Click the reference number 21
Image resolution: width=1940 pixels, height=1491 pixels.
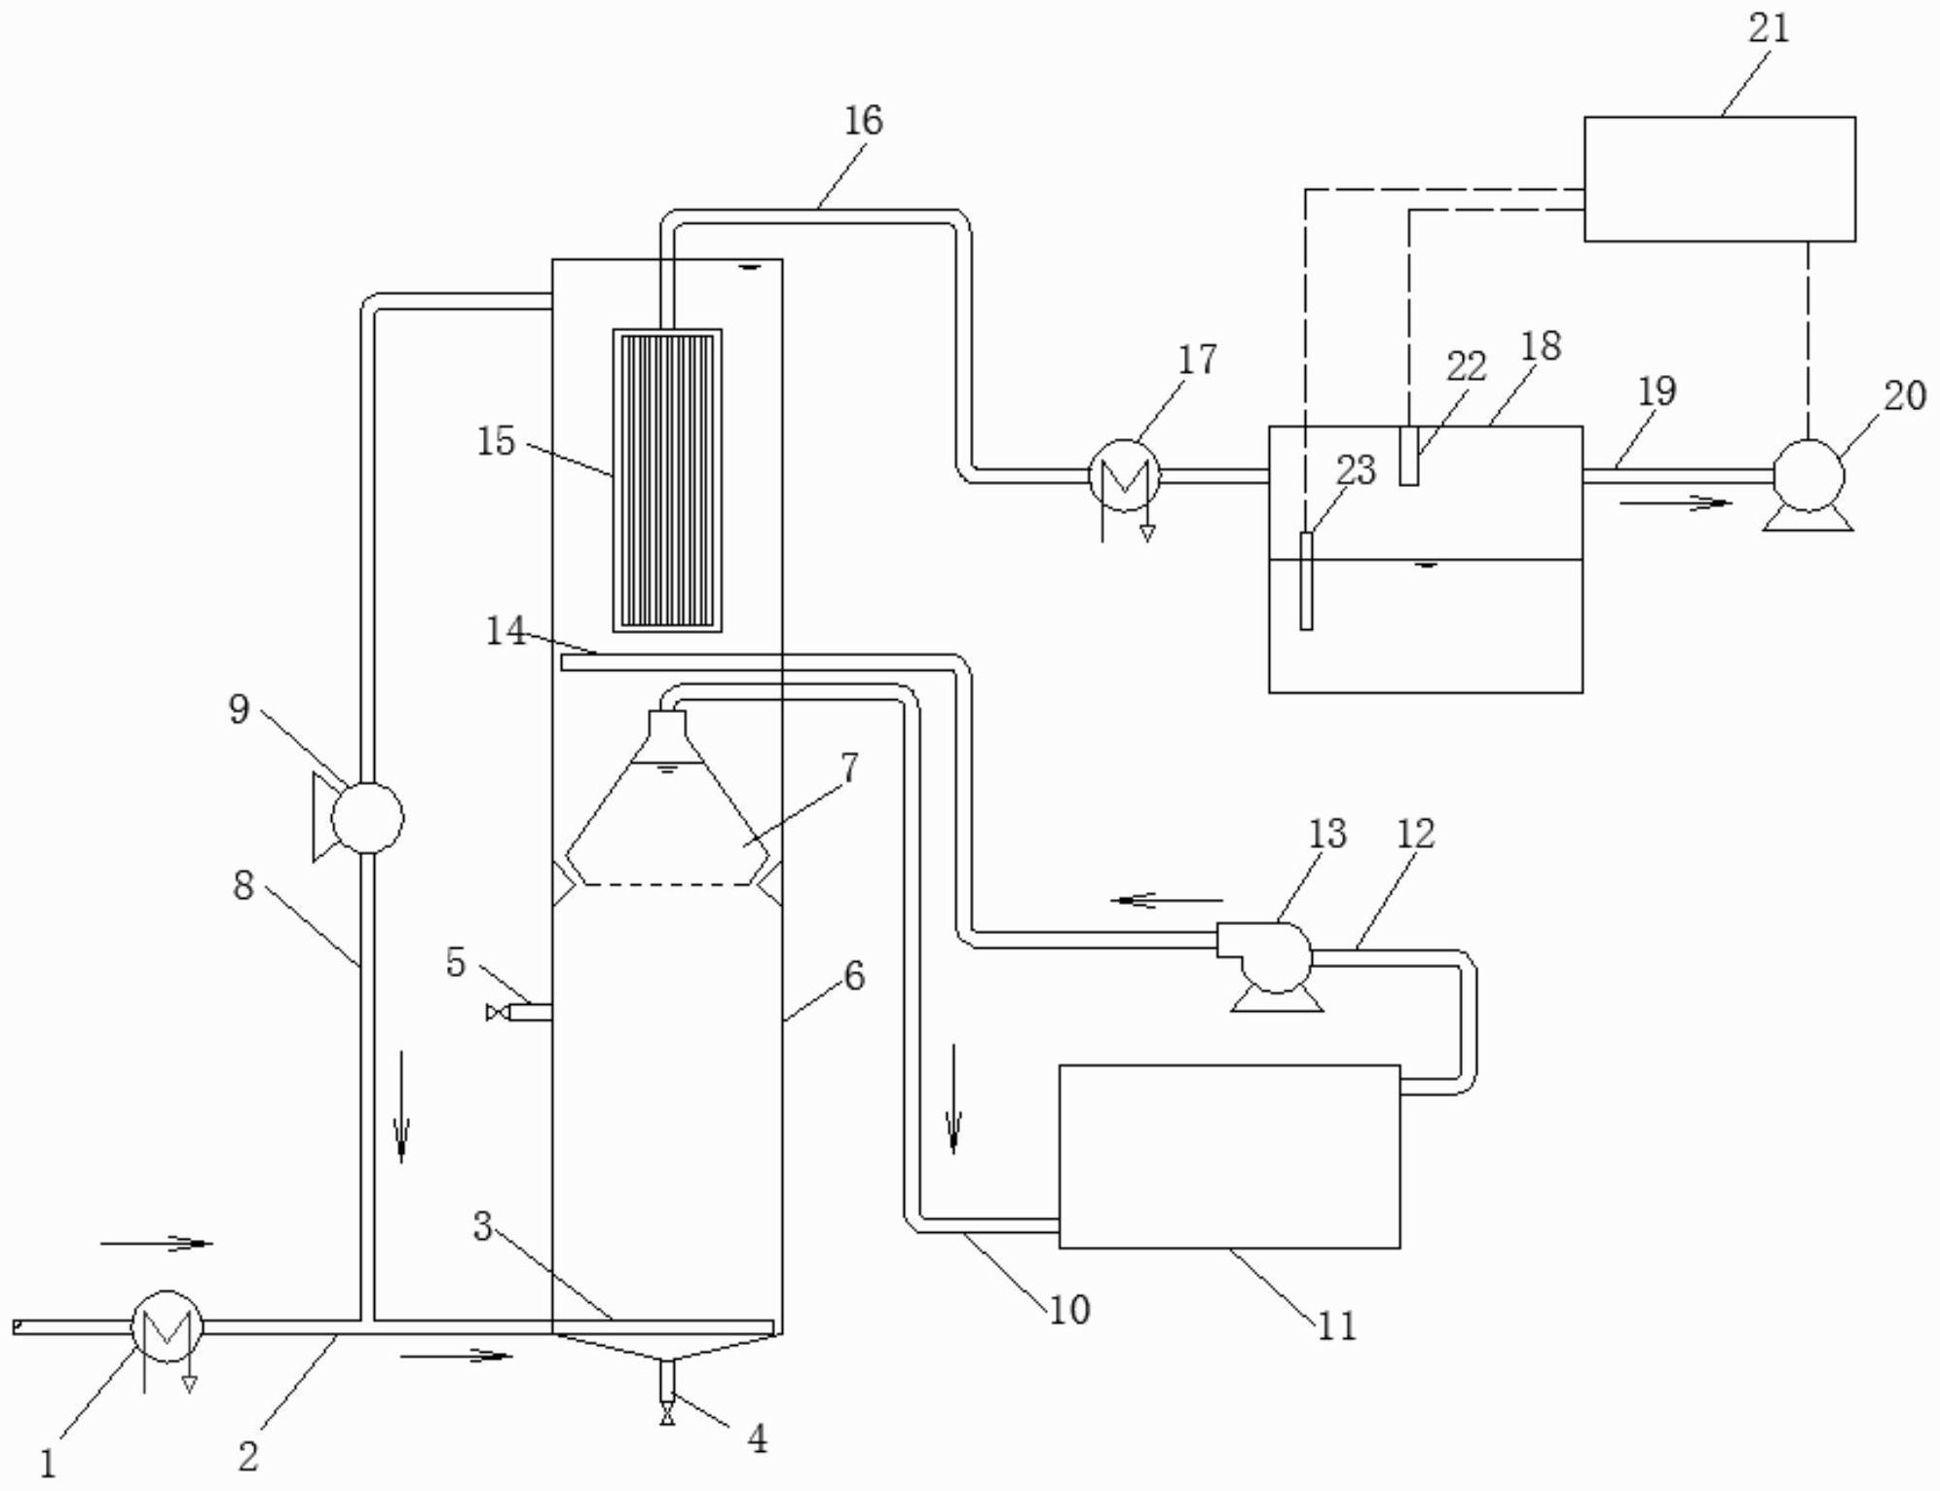[1769, 27]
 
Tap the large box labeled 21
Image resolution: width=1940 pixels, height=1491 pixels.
[1719, 178]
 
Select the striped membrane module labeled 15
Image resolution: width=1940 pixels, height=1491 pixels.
[667, 480]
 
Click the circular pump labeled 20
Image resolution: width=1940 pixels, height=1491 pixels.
[1809, 476]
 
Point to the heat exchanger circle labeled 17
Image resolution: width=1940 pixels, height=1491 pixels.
[1124, 475]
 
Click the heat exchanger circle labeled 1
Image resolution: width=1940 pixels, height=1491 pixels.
[167, 1326]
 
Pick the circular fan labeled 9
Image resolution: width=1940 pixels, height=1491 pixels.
[367, 817]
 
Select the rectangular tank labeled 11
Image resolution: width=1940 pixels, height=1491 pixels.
[1229, 1156]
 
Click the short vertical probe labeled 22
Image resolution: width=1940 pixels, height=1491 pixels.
[1408, 456]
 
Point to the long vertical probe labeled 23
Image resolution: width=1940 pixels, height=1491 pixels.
[1306, 580]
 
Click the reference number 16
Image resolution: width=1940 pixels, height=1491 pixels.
[863, 121]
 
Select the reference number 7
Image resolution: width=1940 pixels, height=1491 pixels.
[849, 767]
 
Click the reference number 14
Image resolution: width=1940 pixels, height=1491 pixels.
[505, 631]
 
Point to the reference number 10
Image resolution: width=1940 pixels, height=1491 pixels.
[1068, 1310]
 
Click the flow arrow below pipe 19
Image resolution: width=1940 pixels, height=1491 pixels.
[1676, 503]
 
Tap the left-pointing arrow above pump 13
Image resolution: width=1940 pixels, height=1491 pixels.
[1166, 901]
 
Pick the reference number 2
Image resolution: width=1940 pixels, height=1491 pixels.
[248, 1456]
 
